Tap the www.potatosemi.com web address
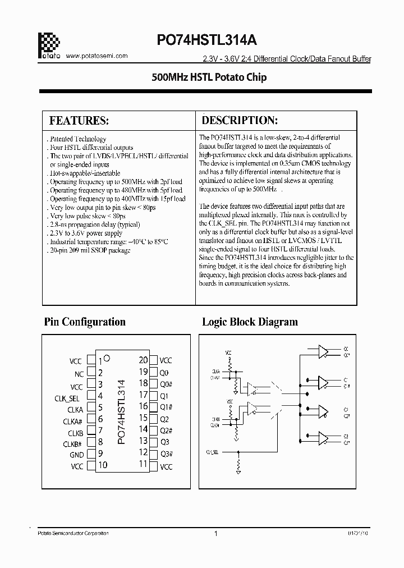coord(97,56)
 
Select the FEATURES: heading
coord(79,121)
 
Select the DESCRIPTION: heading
coord(240,121)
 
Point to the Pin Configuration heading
coord(85,322)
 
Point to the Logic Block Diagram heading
coord(250,322)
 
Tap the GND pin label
coord(76,455)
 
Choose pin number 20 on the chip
coord(143,360)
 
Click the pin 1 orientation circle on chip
coord(107,358)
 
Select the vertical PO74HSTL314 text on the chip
coord(122,412)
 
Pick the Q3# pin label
coord(166,454)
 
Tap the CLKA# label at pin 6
coord(73,422)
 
